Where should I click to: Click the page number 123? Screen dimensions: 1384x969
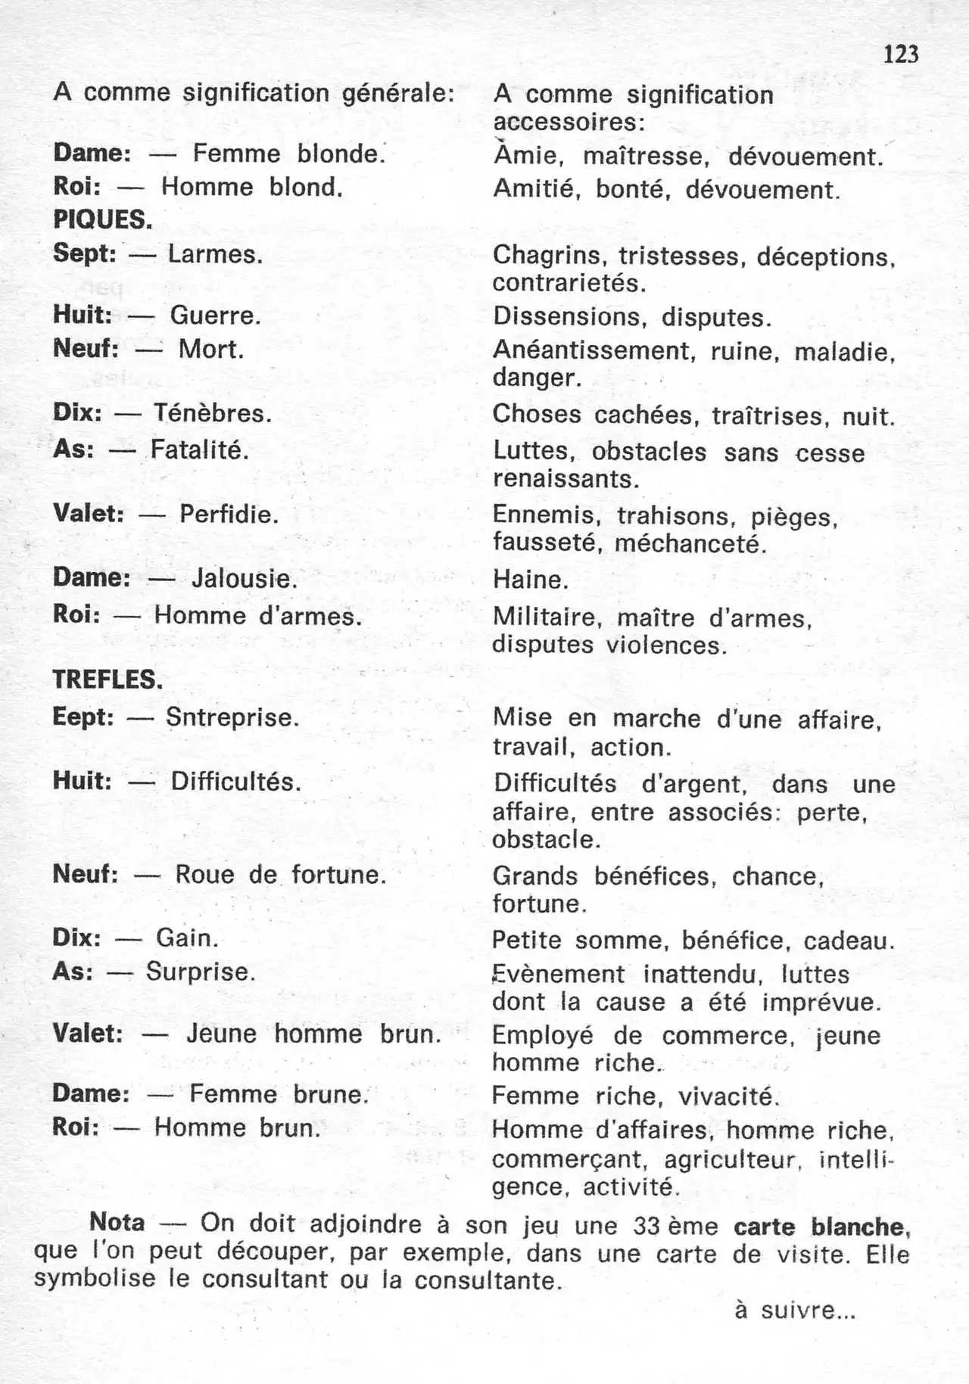pyautogui.click(x=900, y=54)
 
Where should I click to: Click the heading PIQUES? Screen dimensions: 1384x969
pyautogui.click(x=103, y=220)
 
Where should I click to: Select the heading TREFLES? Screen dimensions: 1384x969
pyautogui.click(x=107, y=680)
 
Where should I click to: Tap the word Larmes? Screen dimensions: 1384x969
pyautogui.click(x=215, y=254)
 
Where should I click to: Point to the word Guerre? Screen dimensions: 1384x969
pyautogui.click(x=215, y=316)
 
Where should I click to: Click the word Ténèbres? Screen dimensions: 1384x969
pyautogui.click(x=213, y=413)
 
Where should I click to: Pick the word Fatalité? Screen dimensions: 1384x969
pyautogui.click(x=200, y=450)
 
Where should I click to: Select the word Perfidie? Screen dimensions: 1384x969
pyautogui.click(x=229, y=515)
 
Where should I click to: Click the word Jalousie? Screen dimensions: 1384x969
pyautogui.click(x=244, y=579)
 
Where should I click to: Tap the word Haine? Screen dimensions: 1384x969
pyautogui.click(x=530, y=580)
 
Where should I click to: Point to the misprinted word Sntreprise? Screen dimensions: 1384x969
pyautogui.click(x=232, y=717)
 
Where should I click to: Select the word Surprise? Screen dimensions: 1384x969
pyautogui.click(x=201, y=972)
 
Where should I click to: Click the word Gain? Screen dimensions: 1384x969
pyautogui.click(x=187, y=938)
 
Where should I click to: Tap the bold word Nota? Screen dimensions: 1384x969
pyautogui.click(x=117, y=1222)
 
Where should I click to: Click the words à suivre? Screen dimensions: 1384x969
pyautogui.click(x=795, y=1310)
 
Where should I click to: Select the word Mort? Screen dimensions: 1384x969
pyautogui.click(x=211, y=350)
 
